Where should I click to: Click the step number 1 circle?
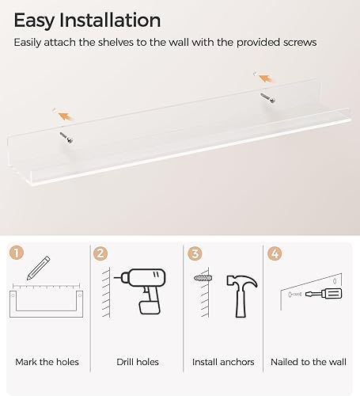click(17, 254)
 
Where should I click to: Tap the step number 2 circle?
click(100, 254)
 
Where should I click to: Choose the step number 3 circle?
click(194, 254)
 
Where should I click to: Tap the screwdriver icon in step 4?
click(324, 295)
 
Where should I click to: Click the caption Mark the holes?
click(47, 362)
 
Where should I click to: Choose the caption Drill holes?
click(137, 362)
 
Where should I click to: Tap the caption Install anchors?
click(223, 362)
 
